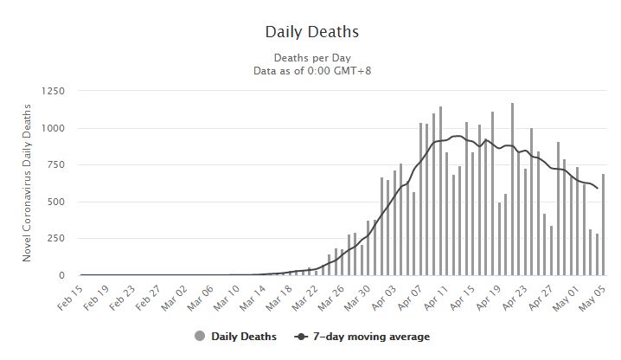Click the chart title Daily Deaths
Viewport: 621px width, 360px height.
(311, 32)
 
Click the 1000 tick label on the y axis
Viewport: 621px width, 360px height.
(54, 128)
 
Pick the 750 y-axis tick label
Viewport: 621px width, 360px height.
(57, 165)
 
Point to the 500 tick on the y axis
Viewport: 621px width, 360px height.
(57, 202)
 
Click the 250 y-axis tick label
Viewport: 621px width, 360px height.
(57, 239)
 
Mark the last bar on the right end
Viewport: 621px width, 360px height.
(603, 225)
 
